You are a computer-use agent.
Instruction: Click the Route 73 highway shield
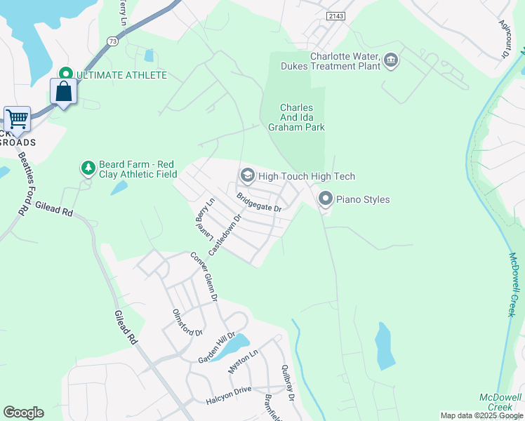(113, 42)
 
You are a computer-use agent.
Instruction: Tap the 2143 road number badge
(336, 15)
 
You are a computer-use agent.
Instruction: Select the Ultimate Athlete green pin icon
(66, 74)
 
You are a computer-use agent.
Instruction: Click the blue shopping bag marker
(63, 91)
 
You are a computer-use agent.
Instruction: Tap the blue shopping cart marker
(17, 119)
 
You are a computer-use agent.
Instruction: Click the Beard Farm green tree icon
(88, 168)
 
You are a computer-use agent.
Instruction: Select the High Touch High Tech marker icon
(247, 175)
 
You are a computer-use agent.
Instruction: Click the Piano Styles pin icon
(325, 199)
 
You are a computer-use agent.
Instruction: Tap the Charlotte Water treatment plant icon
(391, 62)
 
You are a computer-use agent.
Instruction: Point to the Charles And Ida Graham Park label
(296, 117)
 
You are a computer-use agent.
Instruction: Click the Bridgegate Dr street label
(259, 203)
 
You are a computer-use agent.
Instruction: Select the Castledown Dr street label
(225, 234)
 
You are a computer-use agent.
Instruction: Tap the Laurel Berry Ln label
(204, 217)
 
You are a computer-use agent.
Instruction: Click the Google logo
(23, 413)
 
